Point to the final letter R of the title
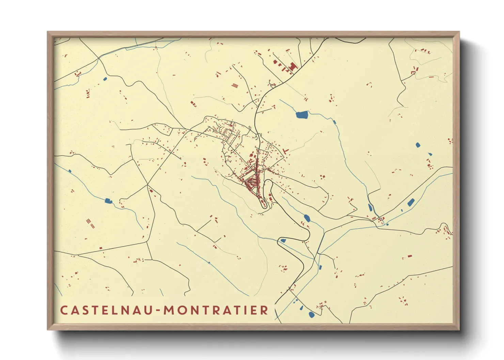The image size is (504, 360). (x=265, y=310)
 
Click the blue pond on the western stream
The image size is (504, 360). (x=108, y=201)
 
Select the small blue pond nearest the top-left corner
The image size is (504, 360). (x=105, y=79)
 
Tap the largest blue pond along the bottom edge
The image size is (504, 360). (x=311, y=315)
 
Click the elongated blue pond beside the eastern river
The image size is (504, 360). (x=411, y=202)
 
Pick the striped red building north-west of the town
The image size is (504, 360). (x=235, y=85)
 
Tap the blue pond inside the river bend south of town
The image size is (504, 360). (x=307, y=218)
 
